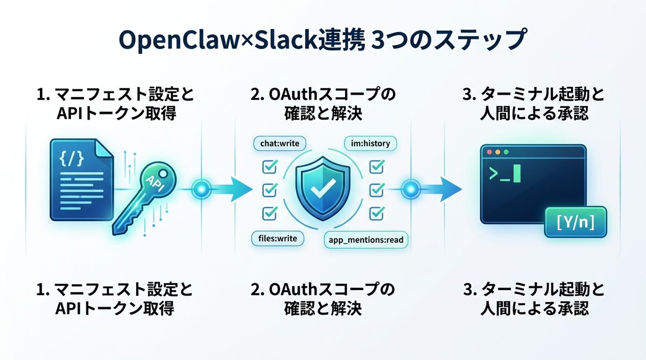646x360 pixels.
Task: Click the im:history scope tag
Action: [x=370, y=144]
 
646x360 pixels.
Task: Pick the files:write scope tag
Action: [x=275, y=238]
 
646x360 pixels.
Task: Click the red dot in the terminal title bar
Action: [x=490, y=152]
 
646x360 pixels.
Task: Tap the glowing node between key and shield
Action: [x=201, y=189]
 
